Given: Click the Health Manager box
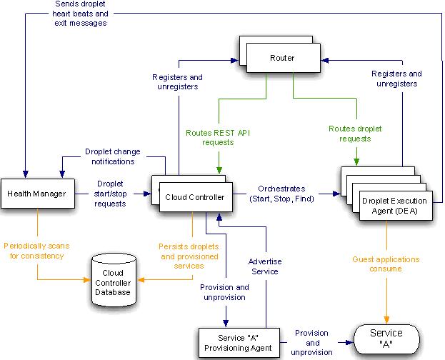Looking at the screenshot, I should point(36,194).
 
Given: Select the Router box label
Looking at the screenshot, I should point(281,56).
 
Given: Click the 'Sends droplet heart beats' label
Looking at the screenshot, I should point(80,13).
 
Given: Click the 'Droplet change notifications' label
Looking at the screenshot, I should point(113,157).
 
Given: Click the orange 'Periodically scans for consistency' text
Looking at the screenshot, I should point(35,250).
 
